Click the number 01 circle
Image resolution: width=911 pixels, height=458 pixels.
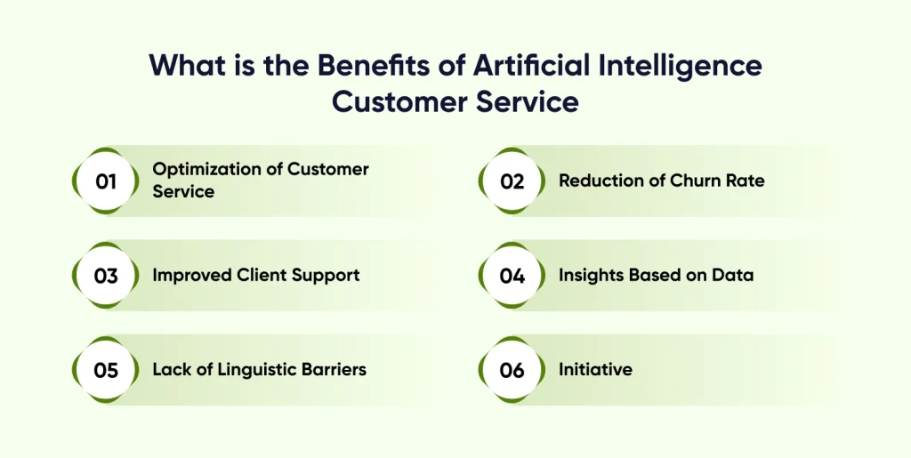point(106,181)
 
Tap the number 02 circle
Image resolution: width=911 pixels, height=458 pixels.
point(512,181)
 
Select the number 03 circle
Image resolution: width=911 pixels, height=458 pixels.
point(106,276)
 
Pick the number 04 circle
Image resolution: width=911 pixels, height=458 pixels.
point(512,276)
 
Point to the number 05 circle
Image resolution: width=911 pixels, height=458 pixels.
point(106,370)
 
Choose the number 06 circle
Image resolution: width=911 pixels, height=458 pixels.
point(512,370)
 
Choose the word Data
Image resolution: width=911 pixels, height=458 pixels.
point(733,275)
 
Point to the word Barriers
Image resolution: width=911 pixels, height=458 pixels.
point(332,369)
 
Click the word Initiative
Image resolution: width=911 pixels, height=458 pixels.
point(595,369)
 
